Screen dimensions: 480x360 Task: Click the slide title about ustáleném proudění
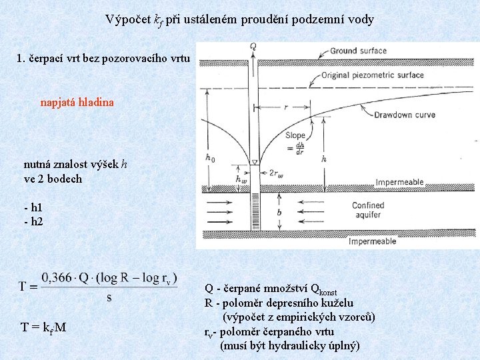click(x=239, y=20)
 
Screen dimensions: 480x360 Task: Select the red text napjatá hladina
click(x=77, y=103)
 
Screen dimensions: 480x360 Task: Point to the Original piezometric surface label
click(x=372, y=75)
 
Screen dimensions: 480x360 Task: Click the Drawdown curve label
click(x=404, y=115)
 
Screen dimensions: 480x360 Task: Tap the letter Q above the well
click(x=253, y=46)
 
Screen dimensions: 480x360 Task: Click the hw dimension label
click(x=241, y=179)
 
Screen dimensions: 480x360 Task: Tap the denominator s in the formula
click(x=109, y=297)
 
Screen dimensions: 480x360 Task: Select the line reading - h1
click(x=33, y=208)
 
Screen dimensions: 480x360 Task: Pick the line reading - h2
click(x=33, y=221)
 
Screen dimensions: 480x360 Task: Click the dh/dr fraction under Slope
click(x=301, y=148)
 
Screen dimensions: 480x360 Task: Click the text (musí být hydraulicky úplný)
click(x=289, y=345)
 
